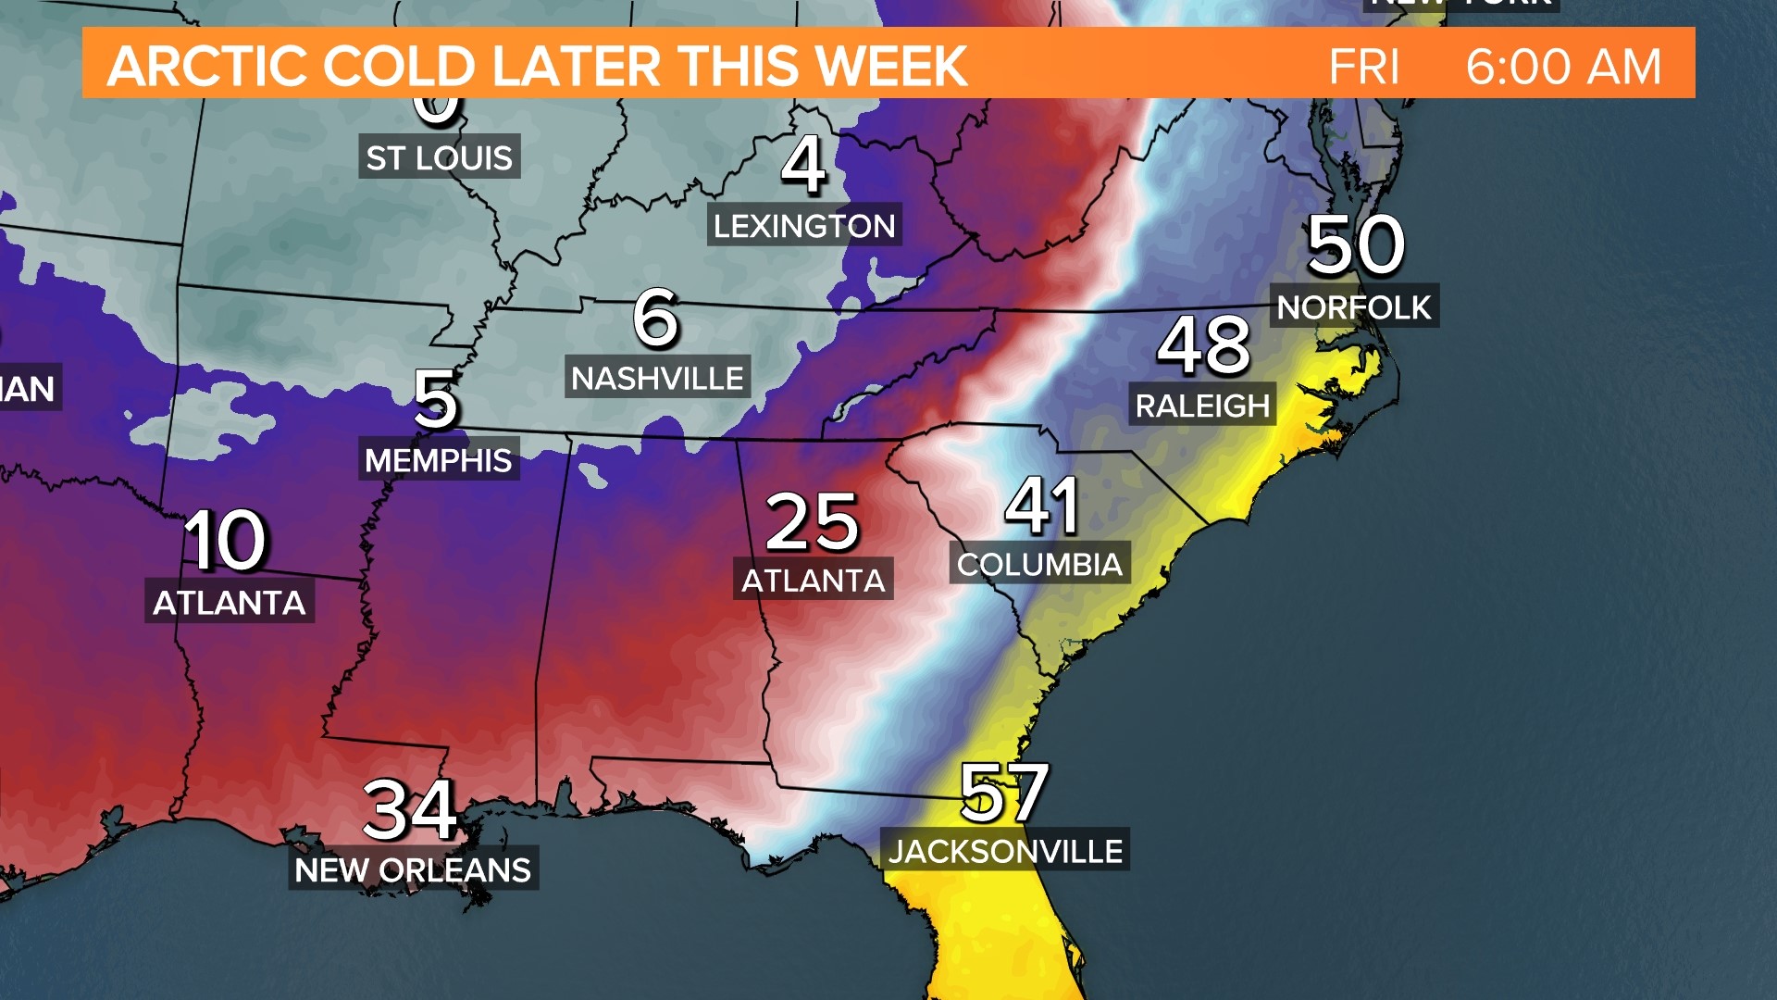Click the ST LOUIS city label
tap(439, 158)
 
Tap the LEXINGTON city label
tap(804, 226)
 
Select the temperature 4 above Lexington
tap(802, 165)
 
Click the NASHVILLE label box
tap(657, 379)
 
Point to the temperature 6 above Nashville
tap(655, 318)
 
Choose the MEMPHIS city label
tap(439, 460)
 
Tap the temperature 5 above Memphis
tap(435, 399)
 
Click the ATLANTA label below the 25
tap(814, 581)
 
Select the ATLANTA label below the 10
tap(230, 603)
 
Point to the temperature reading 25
tap(813, 522)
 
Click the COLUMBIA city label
tap(1039, 564)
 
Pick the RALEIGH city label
tap(1202, 406)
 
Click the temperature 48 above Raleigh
tap(1203, 344)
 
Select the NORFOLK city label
tap(1354, 307)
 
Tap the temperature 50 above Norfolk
tap(1355, 245)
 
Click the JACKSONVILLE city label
tap(1005, 851)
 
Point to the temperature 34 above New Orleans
tap(410, 810)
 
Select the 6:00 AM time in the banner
tap(1563, 67)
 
